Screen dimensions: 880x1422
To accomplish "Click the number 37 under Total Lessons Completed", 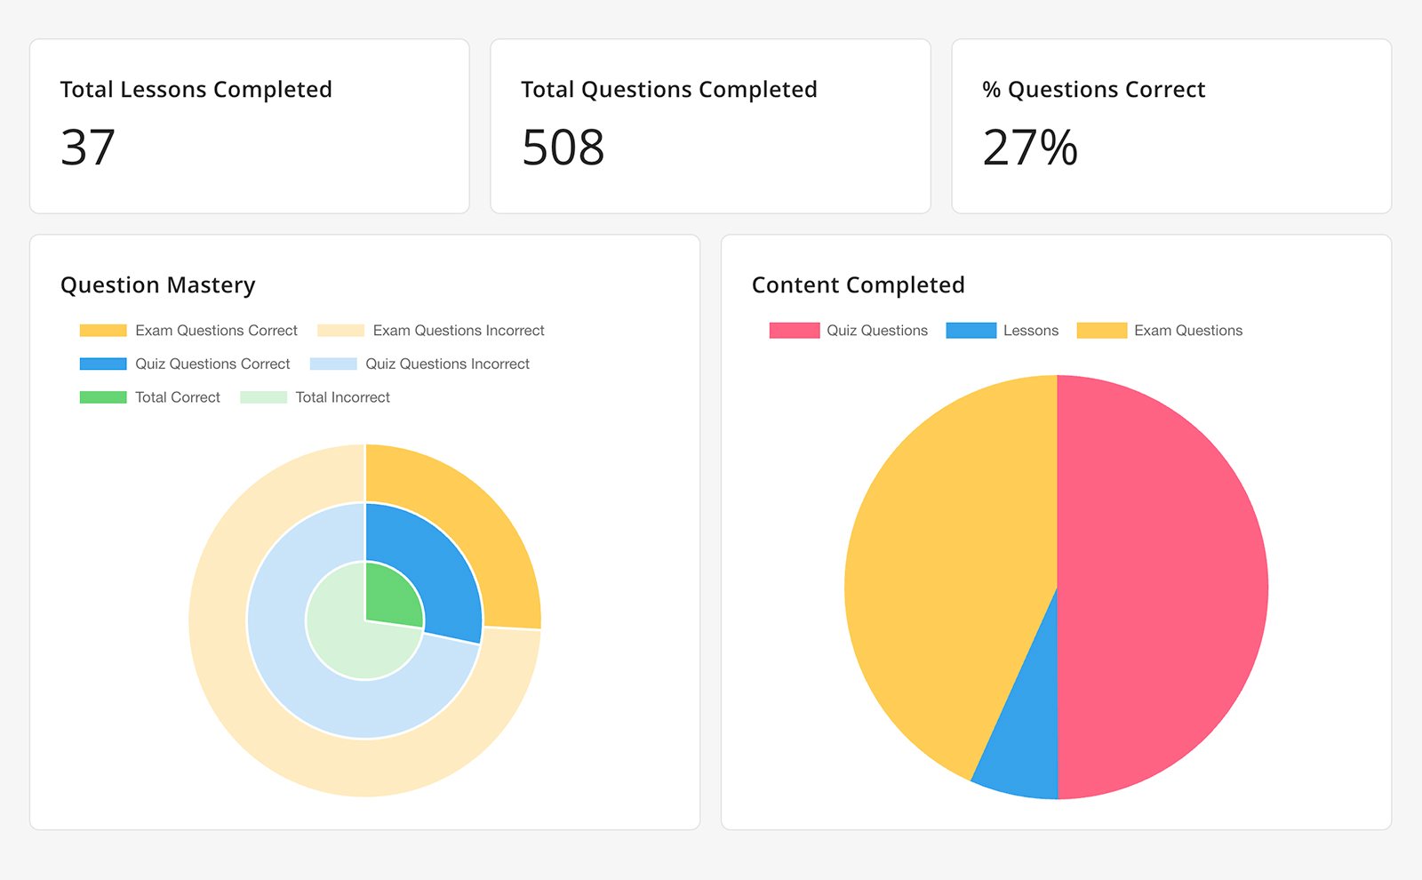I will (88, 148).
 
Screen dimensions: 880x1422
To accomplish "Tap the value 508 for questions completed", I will (563, 148).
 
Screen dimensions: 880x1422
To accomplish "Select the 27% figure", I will (1029, 148).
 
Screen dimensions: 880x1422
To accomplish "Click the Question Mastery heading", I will (157, 285).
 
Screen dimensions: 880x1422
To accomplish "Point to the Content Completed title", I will (858, 285).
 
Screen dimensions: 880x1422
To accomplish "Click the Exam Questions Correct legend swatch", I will (103, 331).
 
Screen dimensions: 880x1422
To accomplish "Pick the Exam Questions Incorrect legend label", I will (458, 331).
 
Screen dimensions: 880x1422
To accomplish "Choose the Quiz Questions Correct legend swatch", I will (103, 364).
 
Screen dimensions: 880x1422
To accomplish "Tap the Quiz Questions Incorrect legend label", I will (447, 364).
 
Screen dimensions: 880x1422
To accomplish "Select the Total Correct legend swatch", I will (103, 397).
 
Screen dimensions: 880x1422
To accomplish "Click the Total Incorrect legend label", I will (342, 397).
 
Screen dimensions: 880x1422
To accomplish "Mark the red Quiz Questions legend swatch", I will (794, 331).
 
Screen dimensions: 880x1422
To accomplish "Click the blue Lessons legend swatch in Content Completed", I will (971, 331).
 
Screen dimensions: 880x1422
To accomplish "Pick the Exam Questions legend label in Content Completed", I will (1187, 331).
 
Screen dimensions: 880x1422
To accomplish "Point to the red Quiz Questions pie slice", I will (1164, 587).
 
